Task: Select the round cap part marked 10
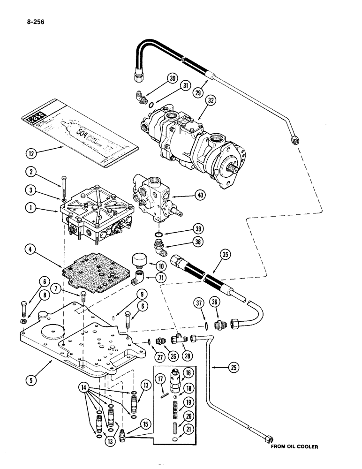(138, 258)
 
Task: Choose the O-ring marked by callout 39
(159, 234)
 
